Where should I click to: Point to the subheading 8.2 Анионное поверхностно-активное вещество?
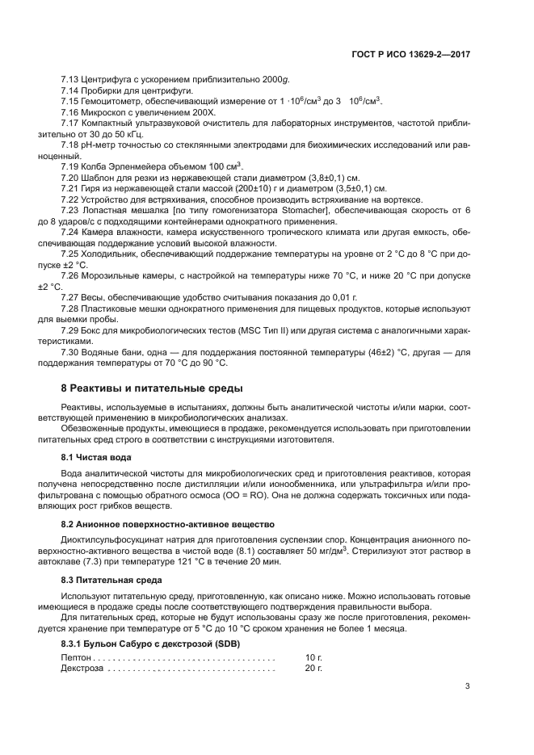(169, 525)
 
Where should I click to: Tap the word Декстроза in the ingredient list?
(82, 669)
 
